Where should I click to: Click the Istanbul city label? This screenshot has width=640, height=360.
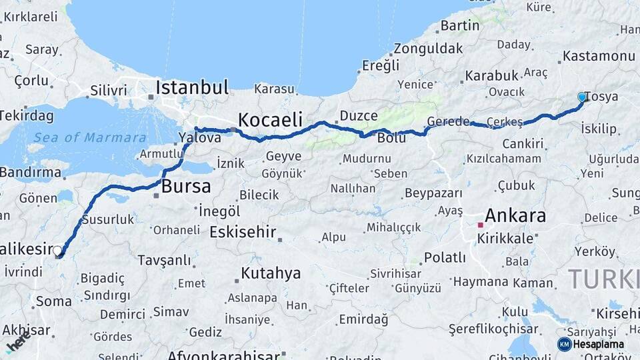[192, 87]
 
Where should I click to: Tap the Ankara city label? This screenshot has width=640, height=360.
[515, 215]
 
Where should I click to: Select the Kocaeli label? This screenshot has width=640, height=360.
[270, 120]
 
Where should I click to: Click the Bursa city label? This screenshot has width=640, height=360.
[186, 186]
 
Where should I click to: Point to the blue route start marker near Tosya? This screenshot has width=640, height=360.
[582, 97]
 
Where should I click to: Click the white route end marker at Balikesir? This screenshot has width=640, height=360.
[58, 251]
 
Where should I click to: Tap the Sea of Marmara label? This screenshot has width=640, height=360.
[90, 138]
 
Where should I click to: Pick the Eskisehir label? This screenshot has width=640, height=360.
[243, 232]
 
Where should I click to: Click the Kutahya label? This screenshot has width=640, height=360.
[271, 273]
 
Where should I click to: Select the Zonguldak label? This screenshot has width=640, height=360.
[428, 49]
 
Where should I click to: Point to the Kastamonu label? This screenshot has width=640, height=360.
[599, 56]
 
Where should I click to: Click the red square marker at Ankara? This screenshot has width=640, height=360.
[480, 225]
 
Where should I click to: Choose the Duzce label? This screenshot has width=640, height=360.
[359, 116]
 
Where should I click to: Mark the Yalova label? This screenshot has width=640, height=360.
[199, 138]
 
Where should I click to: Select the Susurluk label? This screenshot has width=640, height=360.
[107, 219]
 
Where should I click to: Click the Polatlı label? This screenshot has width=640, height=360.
[445, 257]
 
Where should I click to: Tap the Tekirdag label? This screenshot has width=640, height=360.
[25, 115]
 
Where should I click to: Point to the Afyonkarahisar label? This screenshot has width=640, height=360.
[223, 355]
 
